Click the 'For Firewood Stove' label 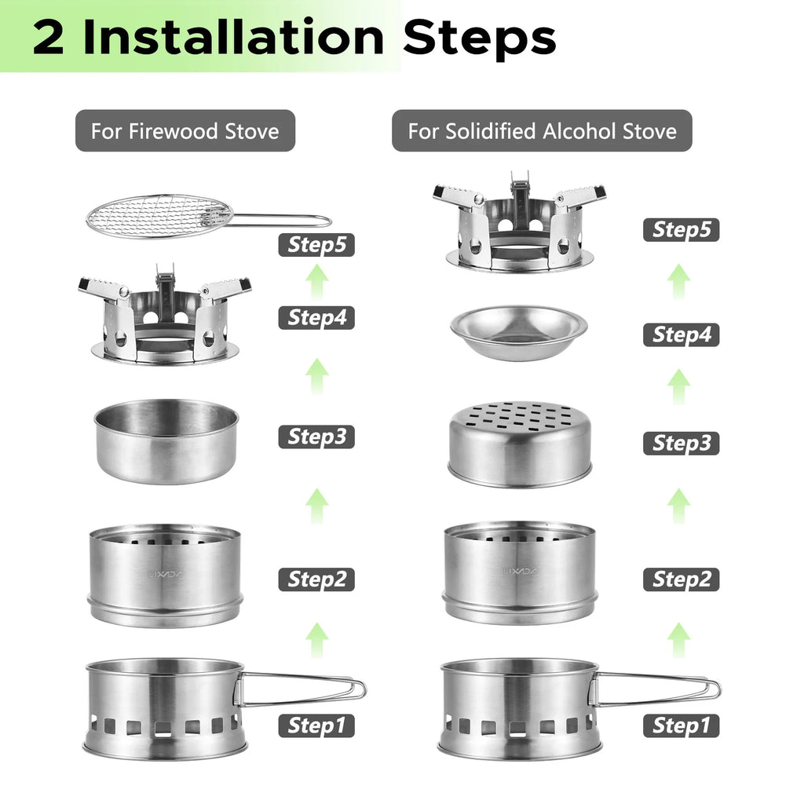(x=185, y=130)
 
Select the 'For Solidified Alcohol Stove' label (x=542, y=130)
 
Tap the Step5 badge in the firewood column (x=316, y=245)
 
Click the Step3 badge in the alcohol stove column (x=681, y=443)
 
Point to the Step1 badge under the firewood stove (x=316, y=725)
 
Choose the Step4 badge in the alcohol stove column (x=681, y=335)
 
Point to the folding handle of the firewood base (x=302, y=688)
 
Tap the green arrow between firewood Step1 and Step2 (x=316, y=640)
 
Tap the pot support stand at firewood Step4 (x=165, y=319)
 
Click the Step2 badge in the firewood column (x=316, y=580)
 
